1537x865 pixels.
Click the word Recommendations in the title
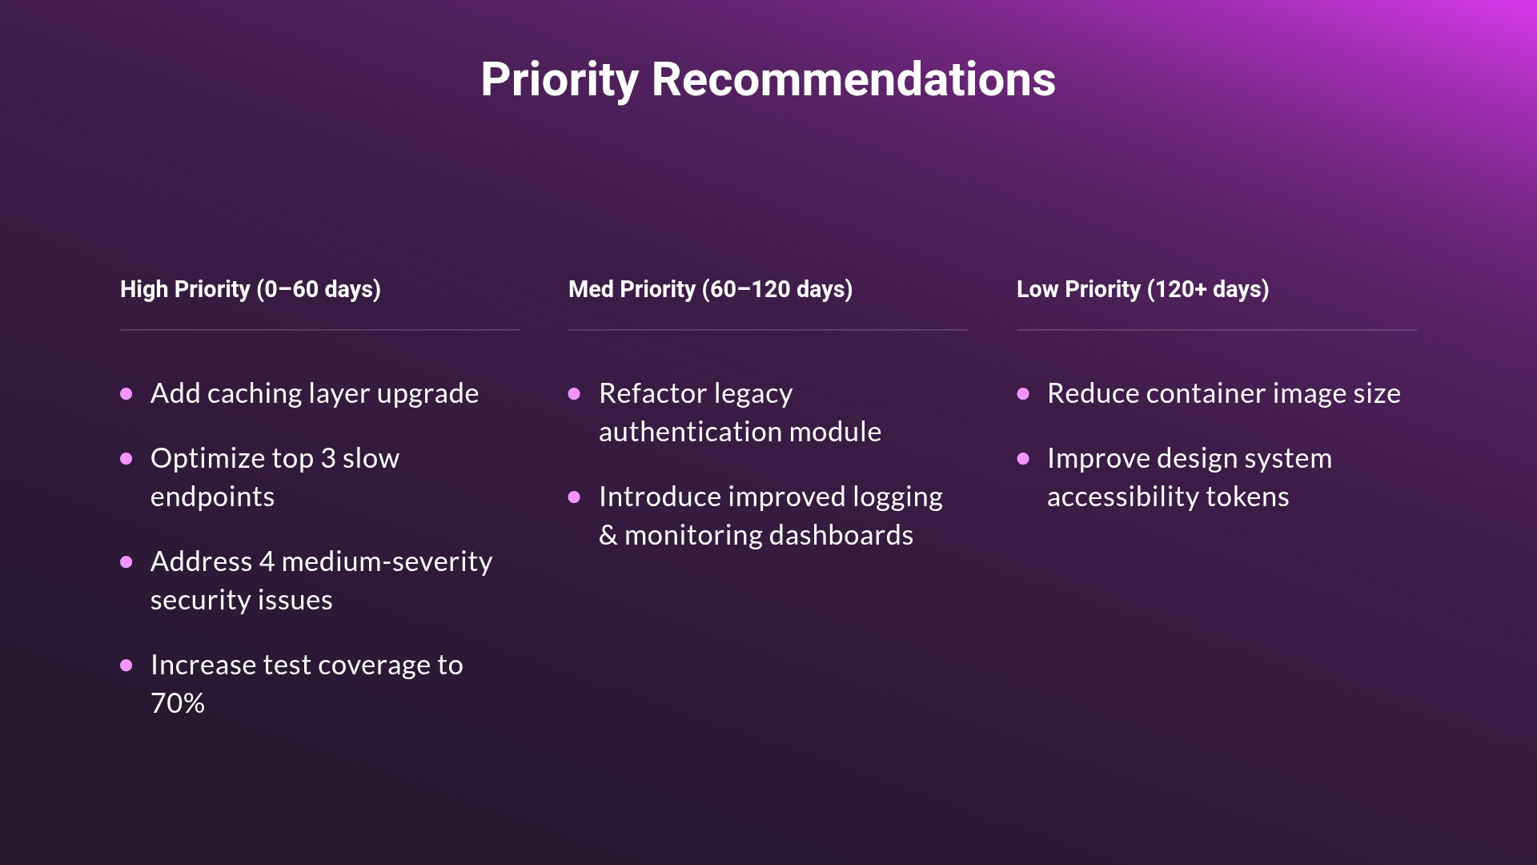[x=853, y=80]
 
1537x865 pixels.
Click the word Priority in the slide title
[x=560, y=80]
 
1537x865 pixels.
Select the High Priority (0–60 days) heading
[x=251, y=289]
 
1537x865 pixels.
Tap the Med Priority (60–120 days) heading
[x=710, y=289]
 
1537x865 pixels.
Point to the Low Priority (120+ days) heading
[x=1142, y=289]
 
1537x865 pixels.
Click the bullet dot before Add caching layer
[x=126, y=394]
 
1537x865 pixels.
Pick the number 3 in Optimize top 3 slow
[x=328, y=459]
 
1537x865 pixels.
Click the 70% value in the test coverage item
[x=178, y=704]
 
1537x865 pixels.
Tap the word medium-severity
[x=387, y=562]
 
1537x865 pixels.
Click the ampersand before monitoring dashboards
[x=608, y=536]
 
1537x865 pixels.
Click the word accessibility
[x=1122, y=497]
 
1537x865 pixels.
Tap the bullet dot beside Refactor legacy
[x=574, y=394]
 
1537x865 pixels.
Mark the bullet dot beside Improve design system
[x=1023, y=459]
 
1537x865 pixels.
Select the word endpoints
[x=212, y=497]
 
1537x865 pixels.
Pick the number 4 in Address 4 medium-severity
[x=267, y=562]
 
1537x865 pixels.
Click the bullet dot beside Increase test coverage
[x=126, y=666]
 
